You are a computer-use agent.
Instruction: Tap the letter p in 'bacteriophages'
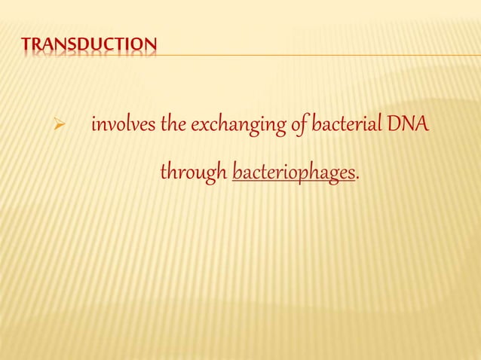306,175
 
